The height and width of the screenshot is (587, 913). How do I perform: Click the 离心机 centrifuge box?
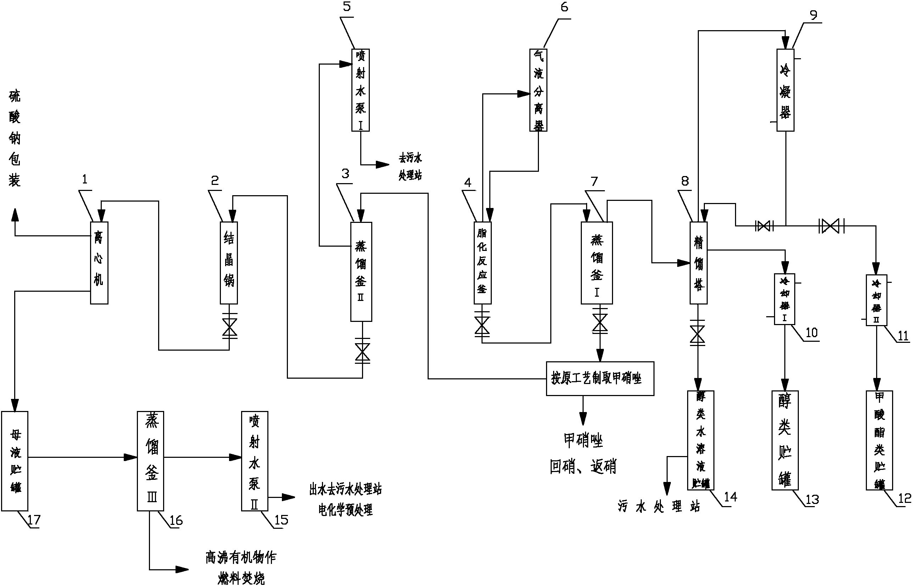(x=99, y=263)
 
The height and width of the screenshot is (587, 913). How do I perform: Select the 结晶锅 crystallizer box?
(x=229, y=263)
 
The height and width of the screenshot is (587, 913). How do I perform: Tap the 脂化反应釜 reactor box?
(x=483, y=263)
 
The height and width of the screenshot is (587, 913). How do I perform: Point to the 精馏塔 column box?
(x=698, y=263)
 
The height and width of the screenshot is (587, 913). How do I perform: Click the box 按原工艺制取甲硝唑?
(x=600, y=379)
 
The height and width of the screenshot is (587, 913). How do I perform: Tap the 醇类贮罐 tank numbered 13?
(x=784, y=440)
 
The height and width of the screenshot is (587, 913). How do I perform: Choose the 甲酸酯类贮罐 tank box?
(x=879, y=440)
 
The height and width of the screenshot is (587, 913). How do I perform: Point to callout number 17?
(x=34, y=520)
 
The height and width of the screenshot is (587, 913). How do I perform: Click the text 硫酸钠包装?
(x=15, y=138)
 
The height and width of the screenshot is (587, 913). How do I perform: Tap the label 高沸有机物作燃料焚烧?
(x=241, y=568)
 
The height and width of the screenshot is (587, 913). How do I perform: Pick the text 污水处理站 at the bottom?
(x=659, y=506)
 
